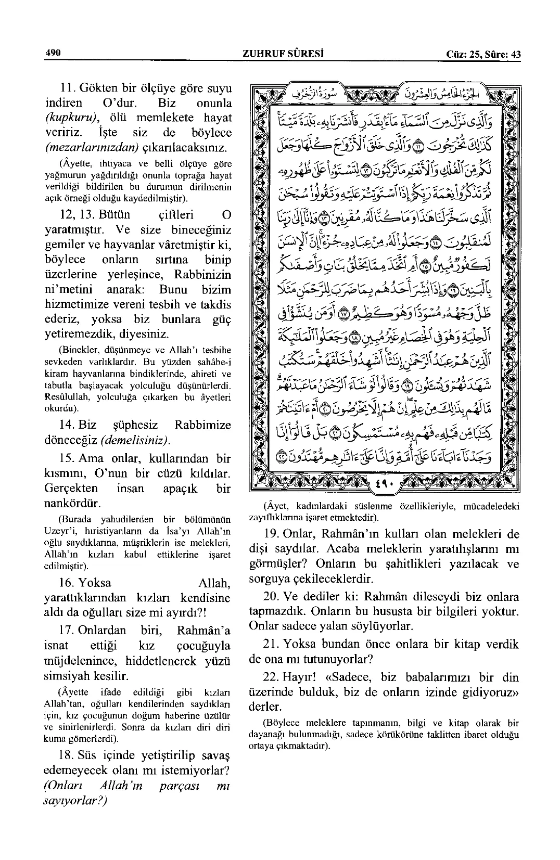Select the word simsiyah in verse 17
pos(68,676)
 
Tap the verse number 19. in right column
pos(275,534)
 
